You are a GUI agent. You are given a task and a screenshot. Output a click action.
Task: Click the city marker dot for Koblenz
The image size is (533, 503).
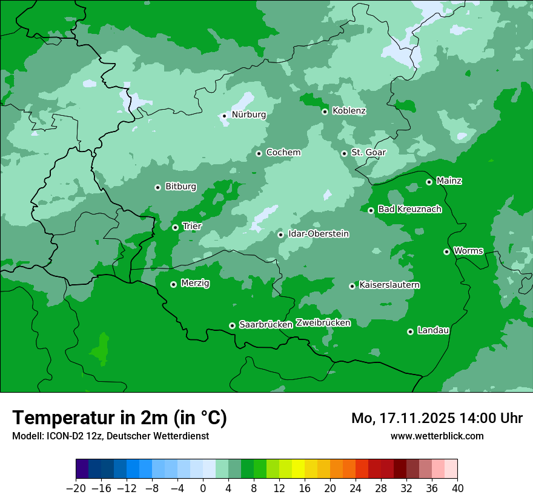pyautogui.click(x=325, y=112)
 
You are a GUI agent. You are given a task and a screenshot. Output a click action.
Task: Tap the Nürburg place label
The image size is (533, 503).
pyautogui.click(x=248, y=115)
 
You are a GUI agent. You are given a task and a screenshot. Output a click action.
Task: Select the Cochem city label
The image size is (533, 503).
pyautogui.click(x=283, y=153)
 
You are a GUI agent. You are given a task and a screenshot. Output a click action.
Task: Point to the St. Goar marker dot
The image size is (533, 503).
pyautogui.click(x=344, y=153)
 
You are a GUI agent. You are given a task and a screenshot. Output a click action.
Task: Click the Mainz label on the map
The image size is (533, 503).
pyautogui.click(x=449, y=181)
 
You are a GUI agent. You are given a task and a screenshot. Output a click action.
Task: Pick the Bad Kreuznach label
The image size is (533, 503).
pyautogui.click(x=409, y=210)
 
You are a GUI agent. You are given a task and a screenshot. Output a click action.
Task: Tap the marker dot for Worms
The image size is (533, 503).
pyautogui.click(x=446, y=252)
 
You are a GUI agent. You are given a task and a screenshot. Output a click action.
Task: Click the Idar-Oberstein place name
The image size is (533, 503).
pyautogui.click(x=318, y=234)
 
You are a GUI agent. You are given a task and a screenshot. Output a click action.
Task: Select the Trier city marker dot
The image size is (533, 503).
pyautogui.click(x=175, y=227)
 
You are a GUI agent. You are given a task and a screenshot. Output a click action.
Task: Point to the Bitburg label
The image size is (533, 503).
pyautogui.click(x=180, y=187)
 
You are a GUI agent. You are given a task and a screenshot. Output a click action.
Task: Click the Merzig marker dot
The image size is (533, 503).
pyautogui.click(x=173, y=284)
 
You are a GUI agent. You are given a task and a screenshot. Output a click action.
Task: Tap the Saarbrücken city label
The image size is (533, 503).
pyautogui.click(x=266, y=325)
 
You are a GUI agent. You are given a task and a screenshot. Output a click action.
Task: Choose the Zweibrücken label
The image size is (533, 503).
pyautogui.click(x=323, y=323)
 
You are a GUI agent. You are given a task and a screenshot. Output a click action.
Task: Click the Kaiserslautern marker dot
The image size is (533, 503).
pyautogui.click(x=352, y=286)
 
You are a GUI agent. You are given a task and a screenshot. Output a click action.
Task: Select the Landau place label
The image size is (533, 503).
pyautogui.click(x=433, y=331)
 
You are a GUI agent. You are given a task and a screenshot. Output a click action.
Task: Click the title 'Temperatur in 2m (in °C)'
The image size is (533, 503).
pyautogui.click(x=119, y=418)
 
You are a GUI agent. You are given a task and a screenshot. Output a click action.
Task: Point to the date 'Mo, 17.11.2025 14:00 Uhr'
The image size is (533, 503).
pyautogui.click(x=437, y=418)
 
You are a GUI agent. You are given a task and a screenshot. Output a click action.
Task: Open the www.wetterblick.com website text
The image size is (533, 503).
pyautogui.click(x=437, y=436)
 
